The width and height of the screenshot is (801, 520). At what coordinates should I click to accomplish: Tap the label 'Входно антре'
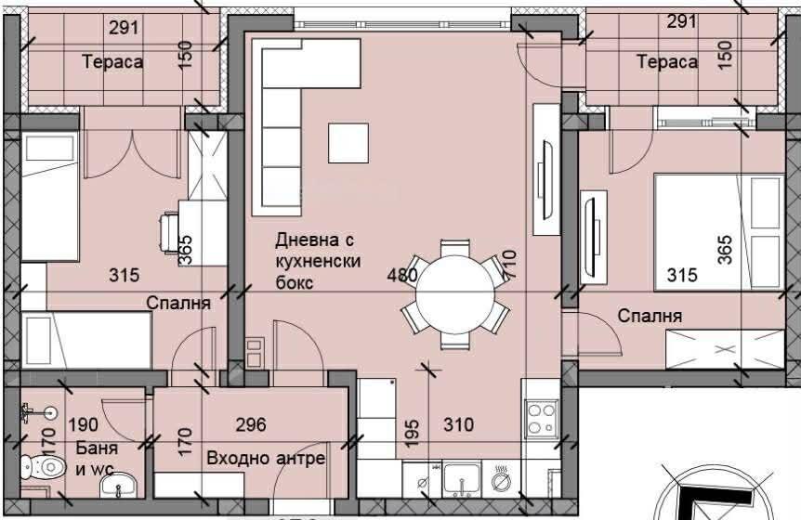point(266,459)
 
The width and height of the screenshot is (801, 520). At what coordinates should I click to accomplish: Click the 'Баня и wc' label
point(92,460)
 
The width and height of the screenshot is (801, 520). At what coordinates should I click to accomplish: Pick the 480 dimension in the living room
point(403,275)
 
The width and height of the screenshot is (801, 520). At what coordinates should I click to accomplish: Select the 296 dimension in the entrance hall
point(251,425)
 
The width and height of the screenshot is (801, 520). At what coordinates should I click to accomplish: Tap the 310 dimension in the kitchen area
point(457,425)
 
